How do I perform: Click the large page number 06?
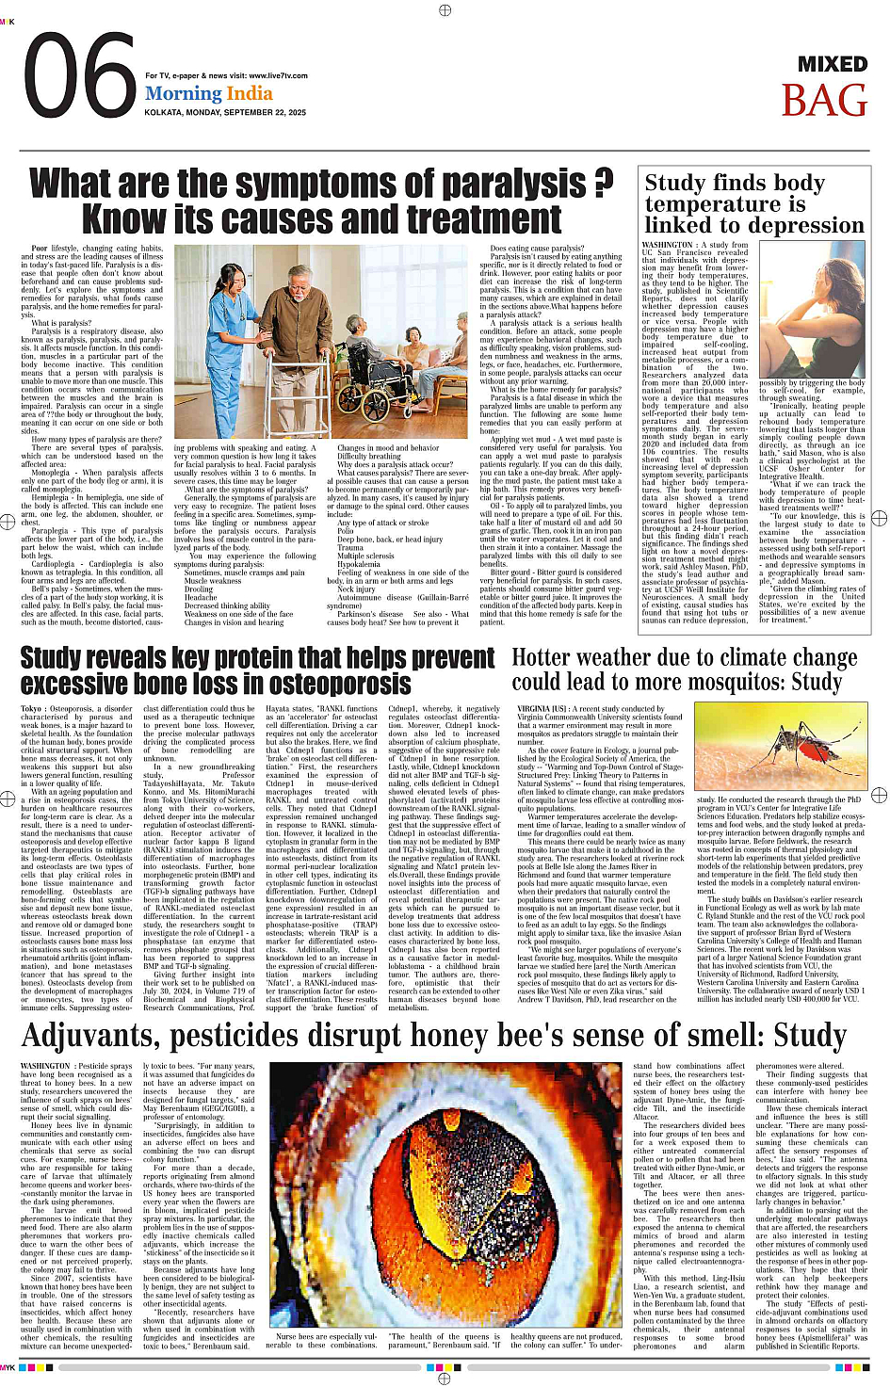(80, 77)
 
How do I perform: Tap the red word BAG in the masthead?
(823, 100)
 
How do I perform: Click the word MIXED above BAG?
(832, 64)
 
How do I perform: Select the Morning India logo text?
(208, 93)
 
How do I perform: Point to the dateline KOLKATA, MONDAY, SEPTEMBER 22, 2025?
(225, 112)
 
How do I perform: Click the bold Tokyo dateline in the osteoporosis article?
(31, 709)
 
